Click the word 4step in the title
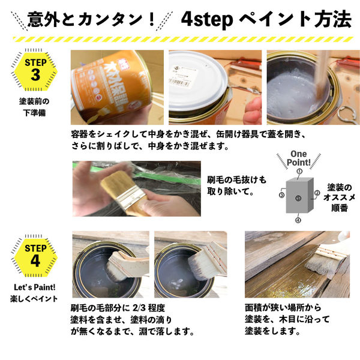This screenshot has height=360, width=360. [206, 20]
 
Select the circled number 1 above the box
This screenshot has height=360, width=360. [299, 172]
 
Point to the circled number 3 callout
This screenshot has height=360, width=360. [281, 195]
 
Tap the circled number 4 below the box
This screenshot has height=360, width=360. [298, 220]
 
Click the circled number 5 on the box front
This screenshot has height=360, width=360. [298, 198]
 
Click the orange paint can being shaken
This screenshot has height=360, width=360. [108, 84]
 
